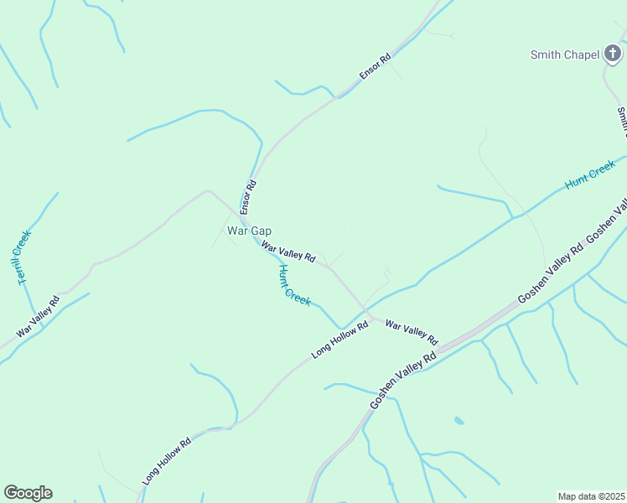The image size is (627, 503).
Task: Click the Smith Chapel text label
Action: click(x=564, y=55)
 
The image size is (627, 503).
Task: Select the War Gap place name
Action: click(x=249, y=231)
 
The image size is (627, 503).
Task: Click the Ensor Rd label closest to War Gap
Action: click(x=250, y=196)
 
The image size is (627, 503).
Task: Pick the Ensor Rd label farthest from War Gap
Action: click(x=375, y=67)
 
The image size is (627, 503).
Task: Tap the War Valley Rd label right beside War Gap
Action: click(x=288, y=251)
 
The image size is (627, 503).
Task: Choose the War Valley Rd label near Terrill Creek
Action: click(x=38, y=316)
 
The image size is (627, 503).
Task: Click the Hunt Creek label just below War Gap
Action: click(x=294, y=285)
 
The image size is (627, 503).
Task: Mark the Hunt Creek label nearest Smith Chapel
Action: click(x=590, y=177)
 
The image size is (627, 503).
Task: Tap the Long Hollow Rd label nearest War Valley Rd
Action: click(x=339, y=340)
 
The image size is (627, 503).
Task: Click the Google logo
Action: click(x=28, y=493)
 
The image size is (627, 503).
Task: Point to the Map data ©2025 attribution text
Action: click(x=591, y=496)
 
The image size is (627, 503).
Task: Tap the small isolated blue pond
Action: click(x=459, y=420)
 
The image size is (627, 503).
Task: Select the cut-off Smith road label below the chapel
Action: click(x=622, y=122)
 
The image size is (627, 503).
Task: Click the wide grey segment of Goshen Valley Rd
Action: click(x=486, y=323)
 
